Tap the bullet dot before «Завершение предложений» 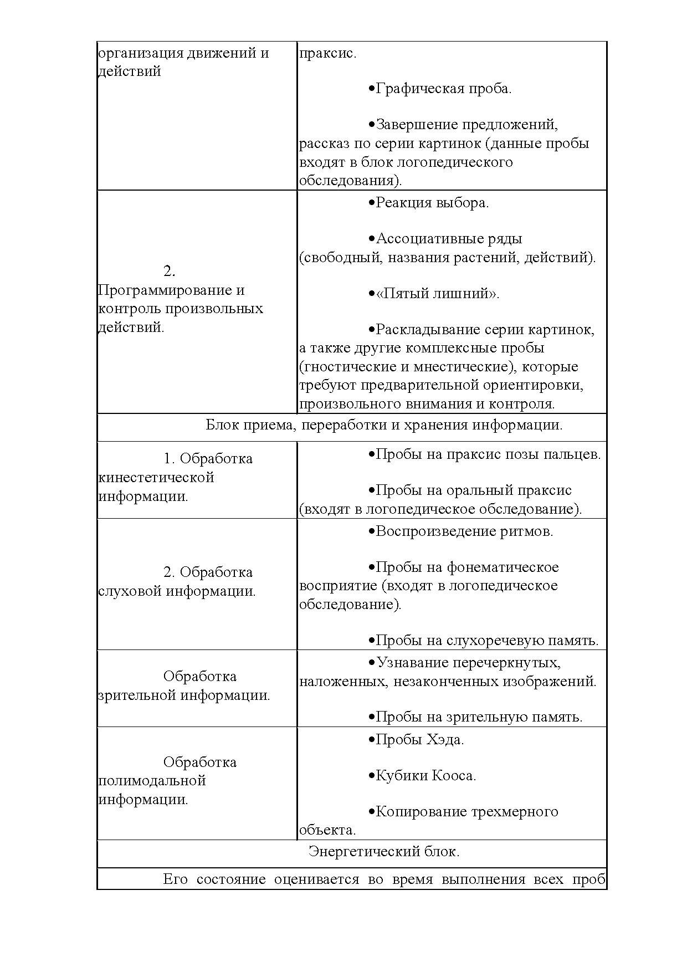point(371,125)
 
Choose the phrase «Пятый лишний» point(436,294)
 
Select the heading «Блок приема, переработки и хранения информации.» point(384,425)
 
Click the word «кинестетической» point(156,477)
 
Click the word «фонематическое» point(503,567)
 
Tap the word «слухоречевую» point(497,641)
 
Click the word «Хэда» point(444,740)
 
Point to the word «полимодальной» point(152,781)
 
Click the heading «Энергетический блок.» point(384,851)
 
